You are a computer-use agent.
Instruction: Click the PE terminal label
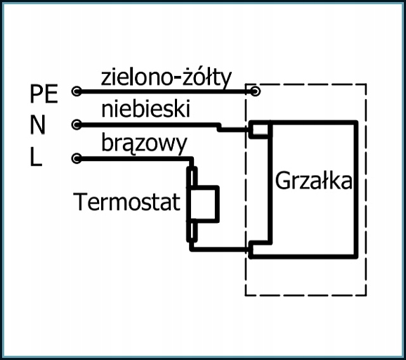44,94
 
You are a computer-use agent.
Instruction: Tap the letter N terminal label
38,124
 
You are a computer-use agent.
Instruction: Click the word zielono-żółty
166,77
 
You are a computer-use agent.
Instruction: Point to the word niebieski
146,109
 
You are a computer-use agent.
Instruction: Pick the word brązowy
144,143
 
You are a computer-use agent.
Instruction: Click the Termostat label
126,202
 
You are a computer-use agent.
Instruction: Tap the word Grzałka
313,181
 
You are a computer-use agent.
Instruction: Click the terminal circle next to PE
77,91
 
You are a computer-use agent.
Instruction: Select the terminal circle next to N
77,124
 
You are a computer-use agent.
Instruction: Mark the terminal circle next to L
77,158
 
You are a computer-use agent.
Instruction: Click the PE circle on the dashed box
255,91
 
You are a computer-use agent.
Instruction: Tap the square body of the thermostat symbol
204,204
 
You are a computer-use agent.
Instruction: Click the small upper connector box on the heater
260,129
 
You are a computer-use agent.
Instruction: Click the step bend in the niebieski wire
219,127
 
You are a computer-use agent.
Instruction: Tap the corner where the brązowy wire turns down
192,159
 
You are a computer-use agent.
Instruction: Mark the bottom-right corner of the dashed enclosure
366,295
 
